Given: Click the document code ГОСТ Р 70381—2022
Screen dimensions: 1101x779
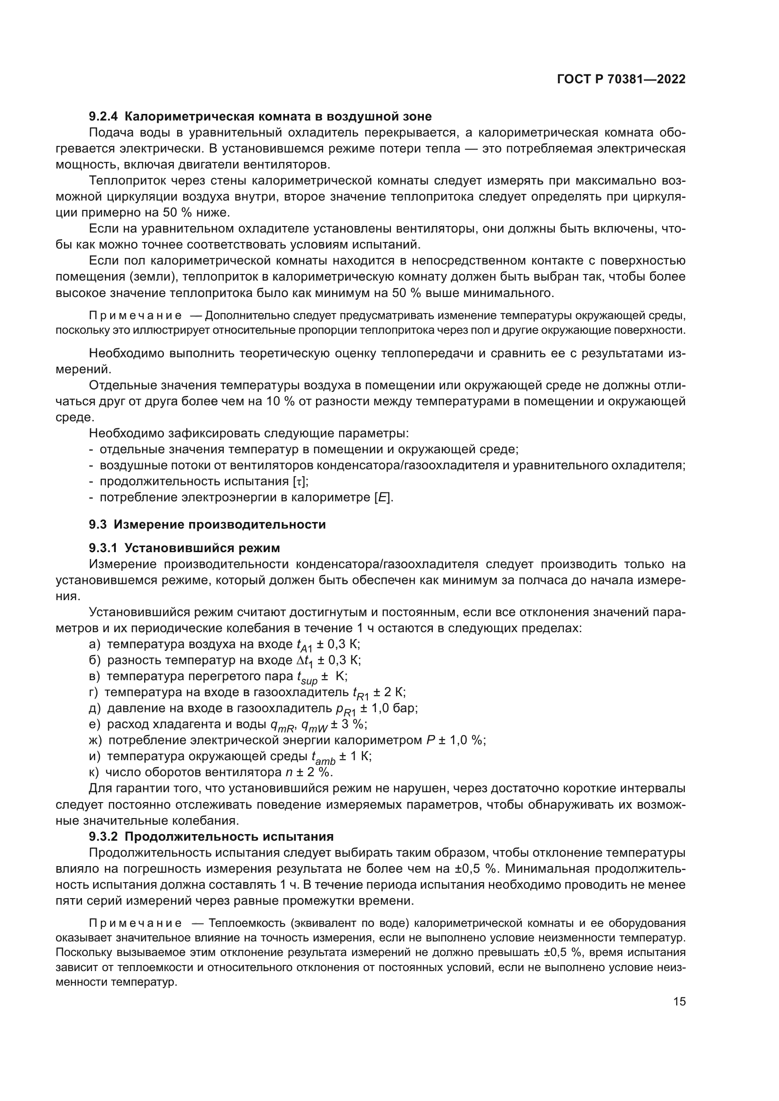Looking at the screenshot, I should (x=621, y=80).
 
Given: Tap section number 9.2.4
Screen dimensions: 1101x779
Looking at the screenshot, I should (x=104, y=117).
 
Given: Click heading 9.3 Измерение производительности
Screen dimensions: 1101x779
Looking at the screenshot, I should (x=207, y=524).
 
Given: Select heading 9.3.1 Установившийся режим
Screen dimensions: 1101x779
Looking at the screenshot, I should (x=184, y=547).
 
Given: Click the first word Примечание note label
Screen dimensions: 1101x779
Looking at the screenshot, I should (x=135, y=315).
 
